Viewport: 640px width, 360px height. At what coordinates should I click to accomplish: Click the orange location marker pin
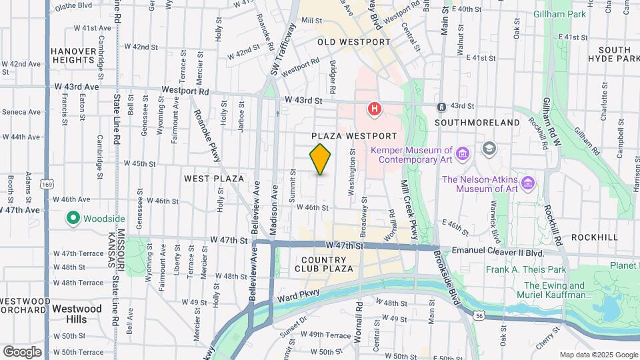(321, 159)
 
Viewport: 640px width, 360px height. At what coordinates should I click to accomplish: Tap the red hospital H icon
(375, 107)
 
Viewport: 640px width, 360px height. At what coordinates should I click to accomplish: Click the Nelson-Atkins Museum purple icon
(529, 183)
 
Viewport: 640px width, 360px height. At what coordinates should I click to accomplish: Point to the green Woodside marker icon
(73, 218)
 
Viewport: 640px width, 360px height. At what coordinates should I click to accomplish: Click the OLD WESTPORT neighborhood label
(353, 42)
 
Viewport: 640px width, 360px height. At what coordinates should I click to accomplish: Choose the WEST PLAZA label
(214, 179)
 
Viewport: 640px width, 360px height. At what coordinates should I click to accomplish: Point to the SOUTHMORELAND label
(477, 123)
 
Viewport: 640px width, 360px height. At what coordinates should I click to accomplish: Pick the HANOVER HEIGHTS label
(74, 55)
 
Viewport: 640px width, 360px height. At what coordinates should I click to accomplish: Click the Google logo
(22, 351)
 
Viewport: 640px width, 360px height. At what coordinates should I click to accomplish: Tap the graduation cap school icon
(490, 148)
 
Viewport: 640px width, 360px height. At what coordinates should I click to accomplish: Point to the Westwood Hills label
(77, 314)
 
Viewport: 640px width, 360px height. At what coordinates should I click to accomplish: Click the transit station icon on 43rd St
(441, 107)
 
